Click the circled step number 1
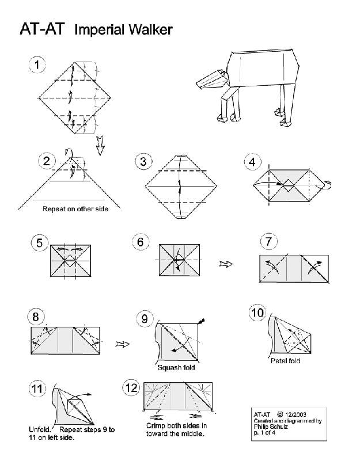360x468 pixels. pos(37,65)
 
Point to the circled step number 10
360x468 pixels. pos(257,313)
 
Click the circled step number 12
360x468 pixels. pos(131,388)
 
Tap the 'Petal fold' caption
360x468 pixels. pos(285,361)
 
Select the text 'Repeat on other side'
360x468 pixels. pos(75,209)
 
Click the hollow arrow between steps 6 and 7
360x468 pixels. pos(226,264)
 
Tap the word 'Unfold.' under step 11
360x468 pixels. pos(41,429)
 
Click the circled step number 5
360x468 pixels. pos(39,243)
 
